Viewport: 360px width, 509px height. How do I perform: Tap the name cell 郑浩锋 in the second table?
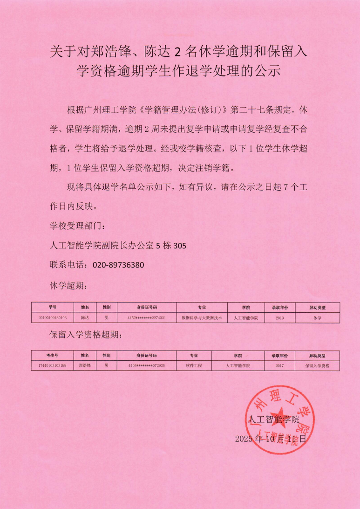coord(85,366)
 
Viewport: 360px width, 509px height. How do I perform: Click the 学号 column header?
coord(53,308)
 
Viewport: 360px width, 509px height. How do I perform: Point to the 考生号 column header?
coord(53,356)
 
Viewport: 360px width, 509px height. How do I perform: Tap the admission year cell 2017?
coord(279,366)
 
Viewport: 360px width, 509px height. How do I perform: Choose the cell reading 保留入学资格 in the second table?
coord(317,366)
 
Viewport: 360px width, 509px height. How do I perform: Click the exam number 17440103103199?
coord(53,366)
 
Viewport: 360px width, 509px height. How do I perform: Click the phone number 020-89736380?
coord(118,265)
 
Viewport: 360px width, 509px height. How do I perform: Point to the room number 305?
coord(180,246)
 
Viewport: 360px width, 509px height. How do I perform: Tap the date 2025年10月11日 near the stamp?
coord(271,439)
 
